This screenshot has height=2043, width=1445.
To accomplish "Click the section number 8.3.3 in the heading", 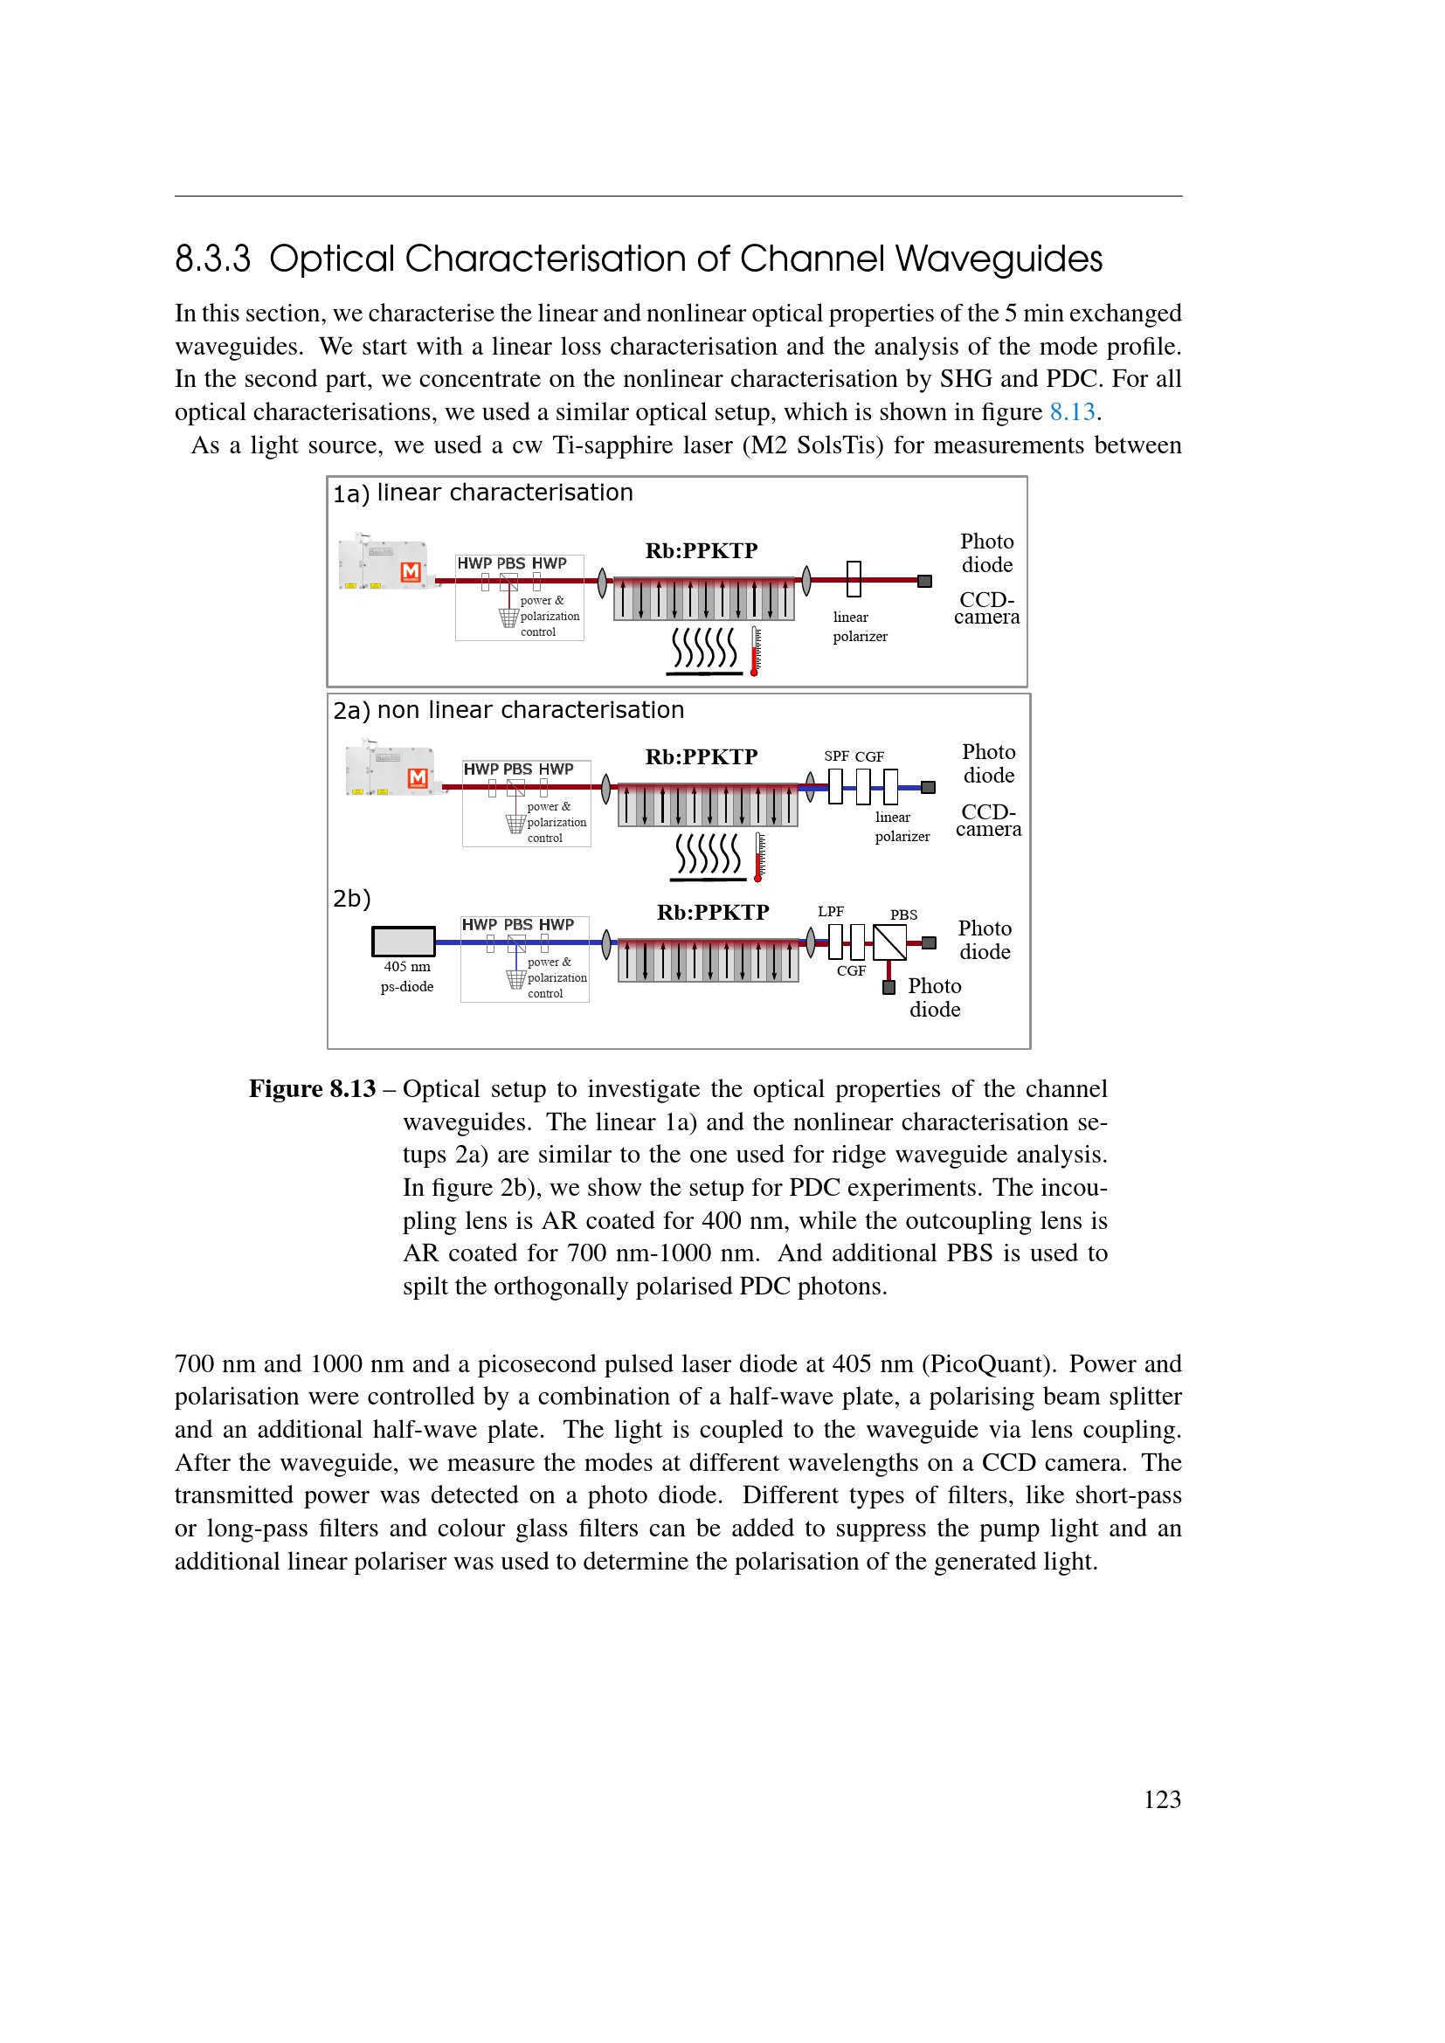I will pos(212,259).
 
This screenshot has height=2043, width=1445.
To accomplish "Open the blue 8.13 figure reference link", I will pos(1071,412).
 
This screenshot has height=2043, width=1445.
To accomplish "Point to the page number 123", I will pos(1161,1799).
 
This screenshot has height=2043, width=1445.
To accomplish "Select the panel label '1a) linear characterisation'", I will pos(482,493).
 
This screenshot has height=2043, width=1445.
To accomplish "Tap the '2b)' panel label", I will pos(351,899).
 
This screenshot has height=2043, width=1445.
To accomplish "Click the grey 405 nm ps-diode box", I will pos(403,942).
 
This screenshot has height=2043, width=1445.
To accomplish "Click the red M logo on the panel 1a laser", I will pos(411,571).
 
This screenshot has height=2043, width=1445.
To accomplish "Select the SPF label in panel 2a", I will pos(836,756).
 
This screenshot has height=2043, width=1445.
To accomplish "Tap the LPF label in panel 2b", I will pos(831,911).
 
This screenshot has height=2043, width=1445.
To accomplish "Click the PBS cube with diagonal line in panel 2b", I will pos(888,942).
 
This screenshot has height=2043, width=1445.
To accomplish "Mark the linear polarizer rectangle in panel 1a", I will pos(854,579).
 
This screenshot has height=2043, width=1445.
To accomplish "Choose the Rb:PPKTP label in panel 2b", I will pos(713,913).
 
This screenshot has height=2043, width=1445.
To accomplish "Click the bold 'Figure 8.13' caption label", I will pos(312,1089).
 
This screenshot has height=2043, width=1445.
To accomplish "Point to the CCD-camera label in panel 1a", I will pos(986,609).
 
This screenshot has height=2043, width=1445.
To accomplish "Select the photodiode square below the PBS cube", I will pos(888,988).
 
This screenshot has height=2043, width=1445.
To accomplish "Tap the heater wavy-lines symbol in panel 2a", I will pos(709,855).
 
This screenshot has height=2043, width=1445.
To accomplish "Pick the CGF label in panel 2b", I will pos(851,970).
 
